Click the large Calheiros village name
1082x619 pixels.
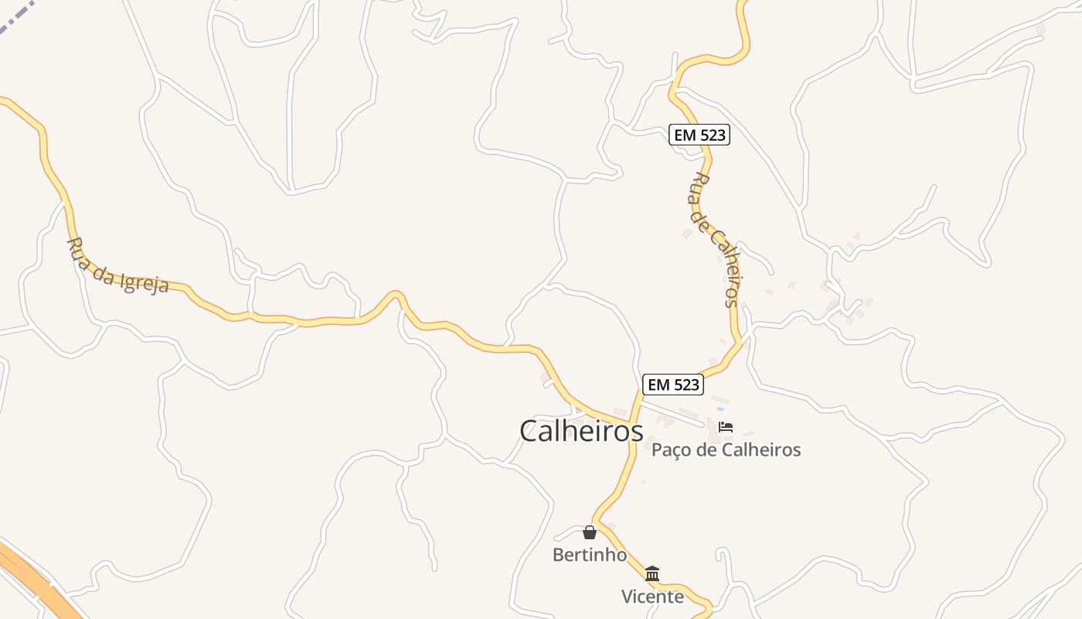(581, 431)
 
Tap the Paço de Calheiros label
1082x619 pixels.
(726, 450)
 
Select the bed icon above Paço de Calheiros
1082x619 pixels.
(725, 426)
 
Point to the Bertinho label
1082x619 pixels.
(589, 555)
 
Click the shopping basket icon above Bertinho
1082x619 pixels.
(590, 532)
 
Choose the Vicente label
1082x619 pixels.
(652, 597)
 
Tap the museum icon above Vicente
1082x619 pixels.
(652, 574)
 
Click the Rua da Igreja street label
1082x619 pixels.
(117, 266)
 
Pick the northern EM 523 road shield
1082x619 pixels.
(699, 135)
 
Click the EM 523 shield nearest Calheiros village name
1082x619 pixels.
(672, 385)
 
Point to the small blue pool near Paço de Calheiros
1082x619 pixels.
(720, 409)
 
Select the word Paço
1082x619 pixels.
(672, 450)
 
